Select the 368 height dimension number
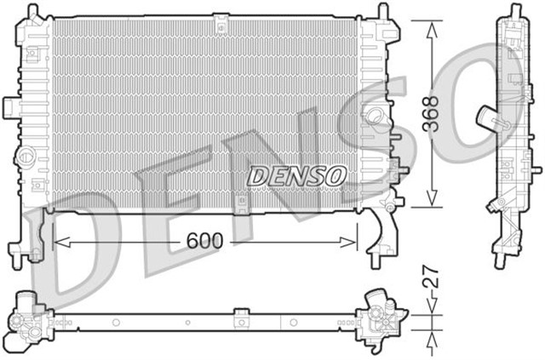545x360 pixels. [x=433, y=111]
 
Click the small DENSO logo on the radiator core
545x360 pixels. [x=297, y=174]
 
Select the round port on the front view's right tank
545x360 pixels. [x=372, y=115]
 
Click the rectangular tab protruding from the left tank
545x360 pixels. [x=10, y=106]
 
